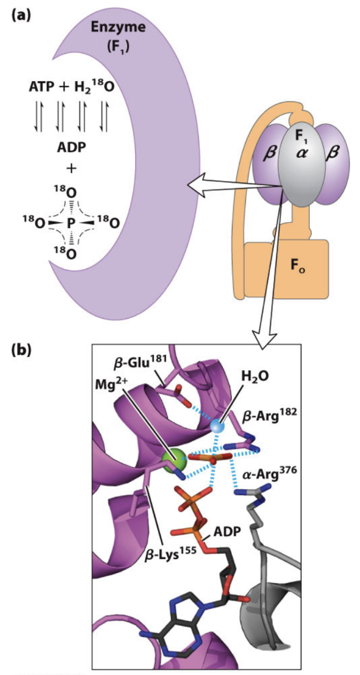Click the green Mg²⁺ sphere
(175, 459)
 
